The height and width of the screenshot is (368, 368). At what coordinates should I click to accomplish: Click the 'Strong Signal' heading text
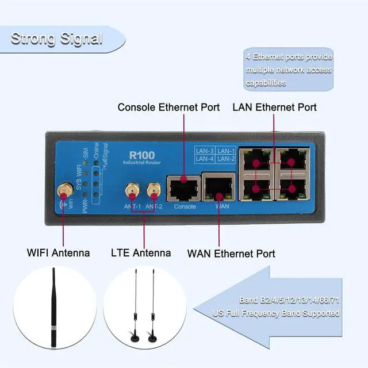click(x=56, y=39)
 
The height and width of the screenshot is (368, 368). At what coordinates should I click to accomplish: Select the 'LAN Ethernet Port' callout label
click(x=274, y=107)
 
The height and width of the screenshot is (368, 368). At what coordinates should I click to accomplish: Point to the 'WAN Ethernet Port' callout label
click(x=231, y=253)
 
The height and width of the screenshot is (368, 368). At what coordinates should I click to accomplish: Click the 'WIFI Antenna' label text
click(x=58, y=252)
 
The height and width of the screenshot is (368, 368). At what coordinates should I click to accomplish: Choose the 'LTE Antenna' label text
click(x=140, y=252)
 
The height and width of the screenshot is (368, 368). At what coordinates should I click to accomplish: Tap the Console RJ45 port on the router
click(x=183, y=187)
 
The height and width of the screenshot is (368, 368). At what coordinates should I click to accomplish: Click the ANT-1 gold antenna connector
click(x=131, y=190)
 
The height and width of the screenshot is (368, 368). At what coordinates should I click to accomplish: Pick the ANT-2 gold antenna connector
click(x=153, y=190)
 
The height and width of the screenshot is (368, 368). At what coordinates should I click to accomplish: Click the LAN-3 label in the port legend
click(x=205, y=151)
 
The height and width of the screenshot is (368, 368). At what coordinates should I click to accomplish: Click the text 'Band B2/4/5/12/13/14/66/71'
click(x=289, y=300)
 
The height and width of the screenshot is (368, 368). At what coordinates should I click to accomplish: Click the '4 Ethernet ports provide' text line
click(x=289, y=57)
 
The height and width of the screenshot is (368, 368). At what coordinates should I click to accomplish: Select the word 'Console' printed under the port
click(x=185, y=206)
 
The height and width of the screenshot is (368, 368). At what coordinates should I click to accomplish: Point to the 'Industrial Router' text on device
click(x=141, y=163)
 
